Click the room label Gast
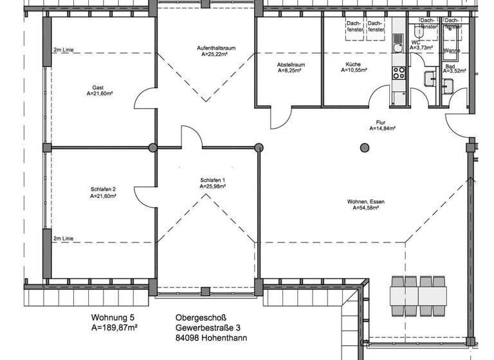coord(98,87)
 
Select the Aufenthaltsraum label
coord(215,48)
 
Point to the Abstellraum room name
coord(291,65)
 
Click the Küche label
coord(352,64)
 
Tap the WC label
coord(415,42)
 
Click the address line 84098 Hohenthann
coord(210,338)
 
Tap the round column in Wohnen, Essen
coord(365,148)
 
